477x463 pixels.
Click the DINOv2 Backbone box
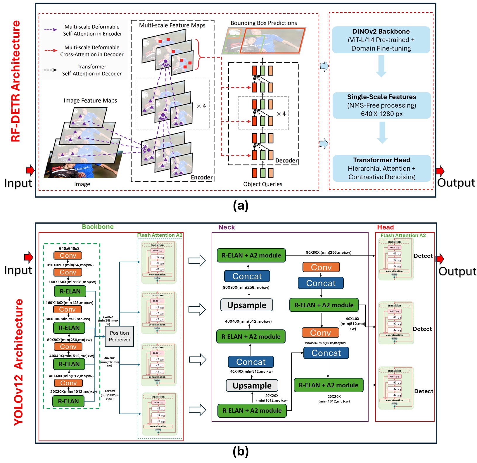(381, 40)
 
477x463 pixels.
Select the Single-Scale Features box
(381, 105)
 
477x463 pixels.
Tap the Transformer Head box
(381, 168)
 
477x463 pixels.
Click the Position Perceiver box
(119, 336)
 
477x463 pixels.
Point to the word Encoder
(202, 177)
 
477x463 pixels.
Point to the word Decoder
(286, 160)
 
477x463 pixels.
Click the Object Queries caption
(262, 184)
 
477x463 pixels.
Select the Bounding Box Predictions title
(264, 23)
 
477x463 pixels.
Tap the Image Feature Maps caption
(90, 101)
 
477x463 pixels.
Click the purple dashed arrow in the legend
(51, 30)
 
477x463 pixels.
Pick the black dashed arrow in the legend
(51, 70)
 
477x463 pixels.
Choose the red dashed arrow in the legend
(51, 51)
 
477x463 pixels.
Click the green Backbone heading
(98, 227)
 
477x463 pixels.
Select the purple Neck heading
(227, 227)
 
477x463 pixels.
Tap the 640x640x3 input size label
(69, 248)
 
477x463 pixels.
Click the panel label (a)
(241, 205)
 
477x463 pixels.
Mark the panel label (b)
(241, 451)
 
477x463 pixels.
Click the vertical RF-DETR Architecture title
(16, 81)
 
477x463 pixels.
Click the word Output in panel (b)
(457, 271)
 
